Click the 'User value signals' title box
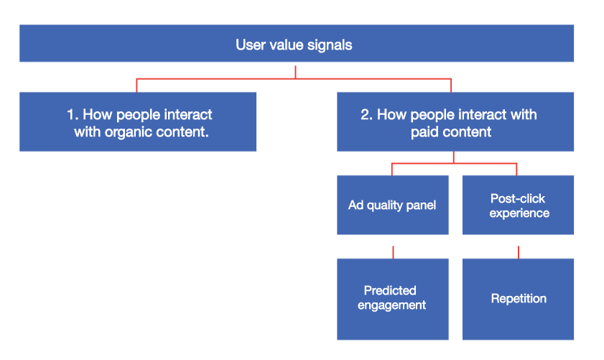coord(296,44)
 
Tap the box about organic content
coord(137,122)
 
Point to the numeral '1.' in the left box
coord(72,115)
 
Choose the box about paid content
coord(455,122)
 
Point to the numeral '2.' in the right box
coord(366,115)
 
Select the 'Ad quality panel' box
coord(392,205)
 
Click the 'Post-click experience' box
coord(518,205)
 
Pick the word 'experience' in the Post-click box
coord(519,213)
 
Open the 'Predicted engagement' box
coord(392,298)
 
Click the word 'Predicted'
coord(390,290)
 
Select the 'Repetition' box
coord(518,298)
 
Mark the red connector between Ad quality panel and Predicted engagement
coord(393,251)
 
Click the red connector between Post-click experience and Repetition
coord(518,251)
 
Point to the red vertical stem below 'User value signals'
coord(295,70)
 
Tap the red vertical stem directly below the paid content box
coord(454,157)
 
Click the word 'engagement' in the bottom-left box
coord(393,305)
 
